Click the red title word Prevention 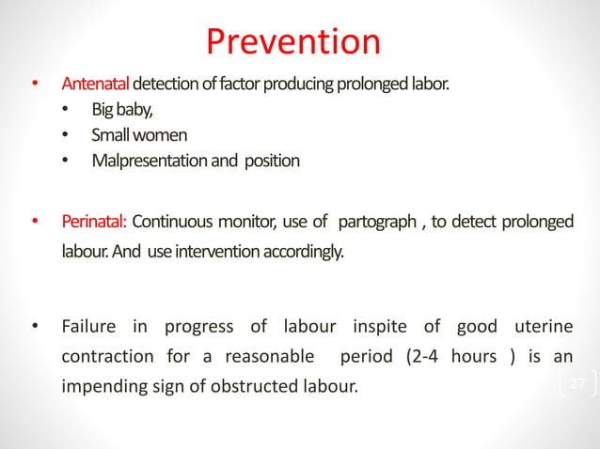pos(293,41)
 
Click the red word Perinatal pos(94,222)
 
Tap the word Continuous pos(176,222)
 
